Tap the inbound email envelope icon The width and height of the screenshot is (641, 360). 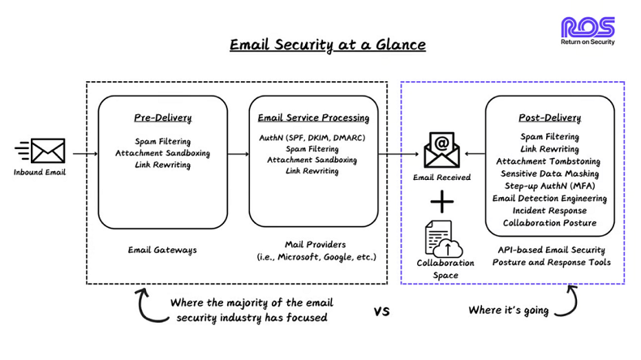pos(46,151)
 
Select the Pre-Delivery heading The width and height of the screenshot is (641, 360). pos(163,118)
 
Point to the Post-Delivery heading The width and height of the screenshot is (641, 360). pos(549,118)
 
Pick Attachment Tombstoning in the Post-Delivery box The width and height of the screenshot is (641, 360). pos(549,161)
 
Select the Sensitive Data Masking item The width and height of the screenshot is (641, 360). pos(549,174)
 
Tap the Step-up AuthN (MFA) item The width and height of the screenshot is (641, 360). pos(549,186)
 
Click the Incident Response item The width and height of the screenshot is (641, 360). pos(549,210)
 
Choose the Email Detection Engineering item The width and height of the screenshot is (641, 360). pos(549,198)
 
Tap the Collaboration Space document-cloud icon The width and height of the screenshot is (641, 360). pos(443,238)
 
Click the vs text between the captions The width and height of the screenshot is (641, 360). pos(381,311)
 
